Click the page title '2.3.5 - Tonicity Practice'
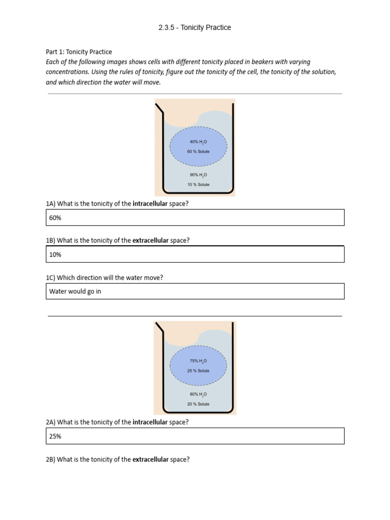click(194, 27)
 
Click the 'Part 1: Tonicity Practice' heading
click(79, 52)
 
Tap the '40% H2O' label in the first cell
click(198, 142)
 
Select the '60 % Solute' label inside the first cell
click(198, 151)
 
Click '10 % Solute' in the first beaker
click(198, 184)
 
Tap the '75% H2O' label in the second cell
click(198, 361)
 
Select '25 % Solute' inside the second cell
click(198, 370)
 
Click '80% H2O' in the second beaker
click(198, 394)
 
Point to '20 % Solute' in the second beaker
click(198, 404)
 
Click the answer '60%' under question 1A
click(55, 218)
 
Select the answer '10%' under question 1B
click(55, 254)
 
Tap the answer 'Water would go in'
click(75, 291)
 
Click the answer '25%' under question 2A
click(55, 436)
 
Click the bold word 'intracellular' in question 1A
click(150, 204)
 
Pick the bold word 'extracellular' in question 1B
click(151, 240)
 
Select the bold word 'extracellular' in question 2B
click(151, 460)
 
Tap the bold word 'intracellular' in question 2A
click(150, 422)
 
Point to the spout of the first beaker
click(159, 108)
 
